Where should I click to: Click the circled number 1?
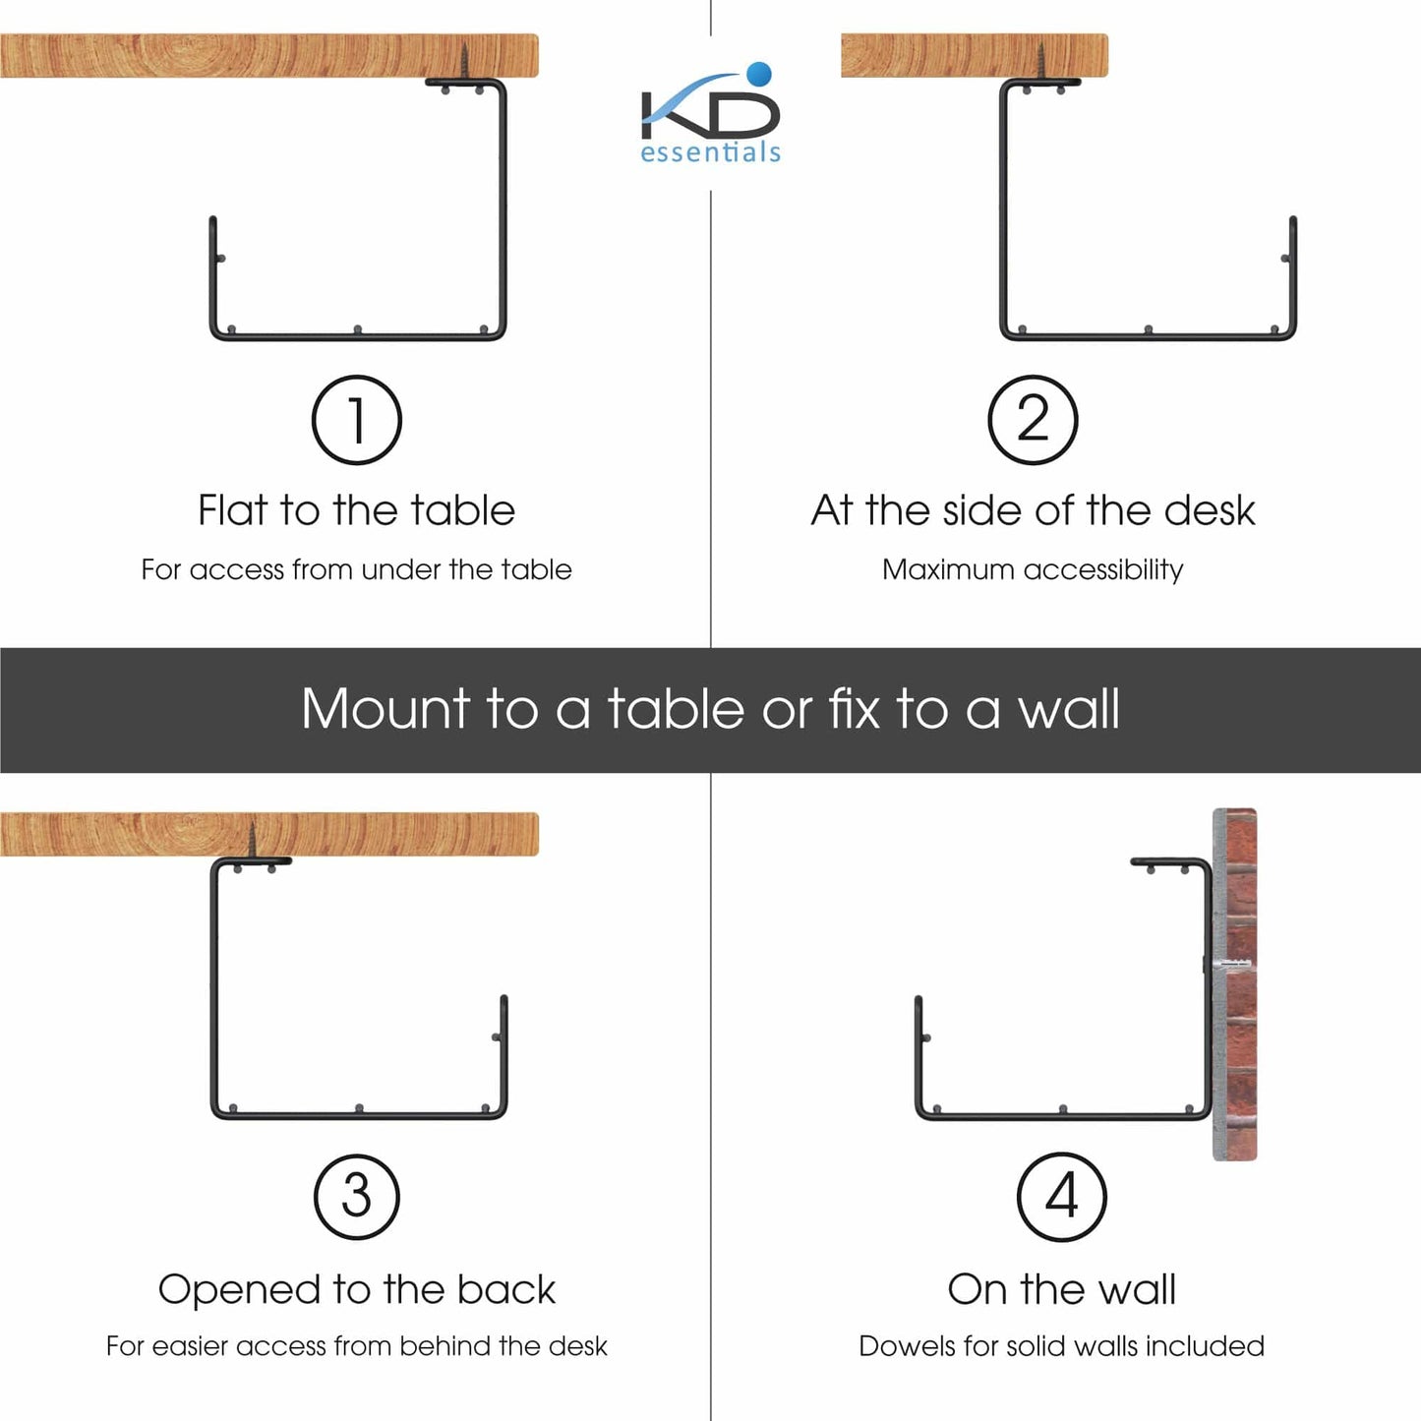click(356, 420)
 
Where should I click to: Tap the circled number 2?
click(1033, 420)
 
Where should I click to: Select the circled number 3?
click(356, 1197)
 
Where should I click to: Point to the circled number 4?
click(1061, 1197)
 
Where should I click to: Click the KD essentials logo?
click(710, 113)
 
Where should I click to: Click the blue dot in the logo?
click(759, 74)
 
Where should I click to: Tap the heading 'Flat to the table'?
click(356, 510)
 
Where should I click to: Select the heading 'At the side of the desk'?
click(1033, 510)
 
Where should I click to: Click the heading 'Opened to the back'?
click(356, 1290)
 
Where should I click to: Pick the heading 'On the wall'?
click(1061, 1290)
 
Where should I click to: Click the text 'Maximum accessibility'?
click(1033, 570)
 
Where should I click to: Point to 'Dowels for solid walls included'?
click(1061, 1346)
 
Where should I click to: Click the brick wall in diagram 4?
click(1234, 983)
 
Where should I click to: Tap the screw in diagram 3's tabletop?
click(252, 842)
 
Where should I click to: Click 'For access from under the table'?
click(356, 570)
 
